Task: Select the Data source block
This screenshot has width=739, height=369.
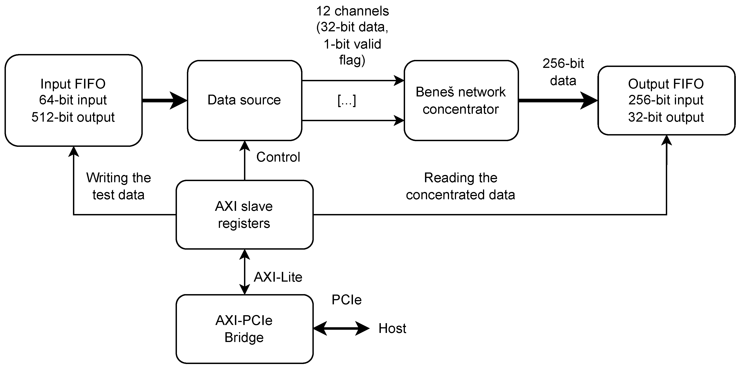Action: pos(244,100)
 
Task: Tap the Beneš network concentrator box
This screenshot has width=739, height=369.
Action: pos(461,100)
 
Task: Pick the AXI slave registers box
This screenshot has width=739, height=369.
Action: pos(244,215)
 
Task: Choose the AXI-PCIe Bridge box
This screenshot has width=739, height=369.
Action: pos(244,329)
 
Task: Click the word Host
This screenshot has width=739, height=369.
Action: pos(392,328)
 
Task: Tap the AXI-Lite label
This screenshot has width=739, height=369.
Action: pos(278,277)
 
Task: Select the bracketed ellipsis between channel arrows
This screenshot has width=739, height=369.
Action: pos(347,101)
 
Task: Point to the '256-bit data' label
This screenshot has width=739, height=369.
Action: pos(563,72)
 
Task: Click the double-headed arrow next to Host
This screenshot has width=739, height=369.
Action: pos(341,328)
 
